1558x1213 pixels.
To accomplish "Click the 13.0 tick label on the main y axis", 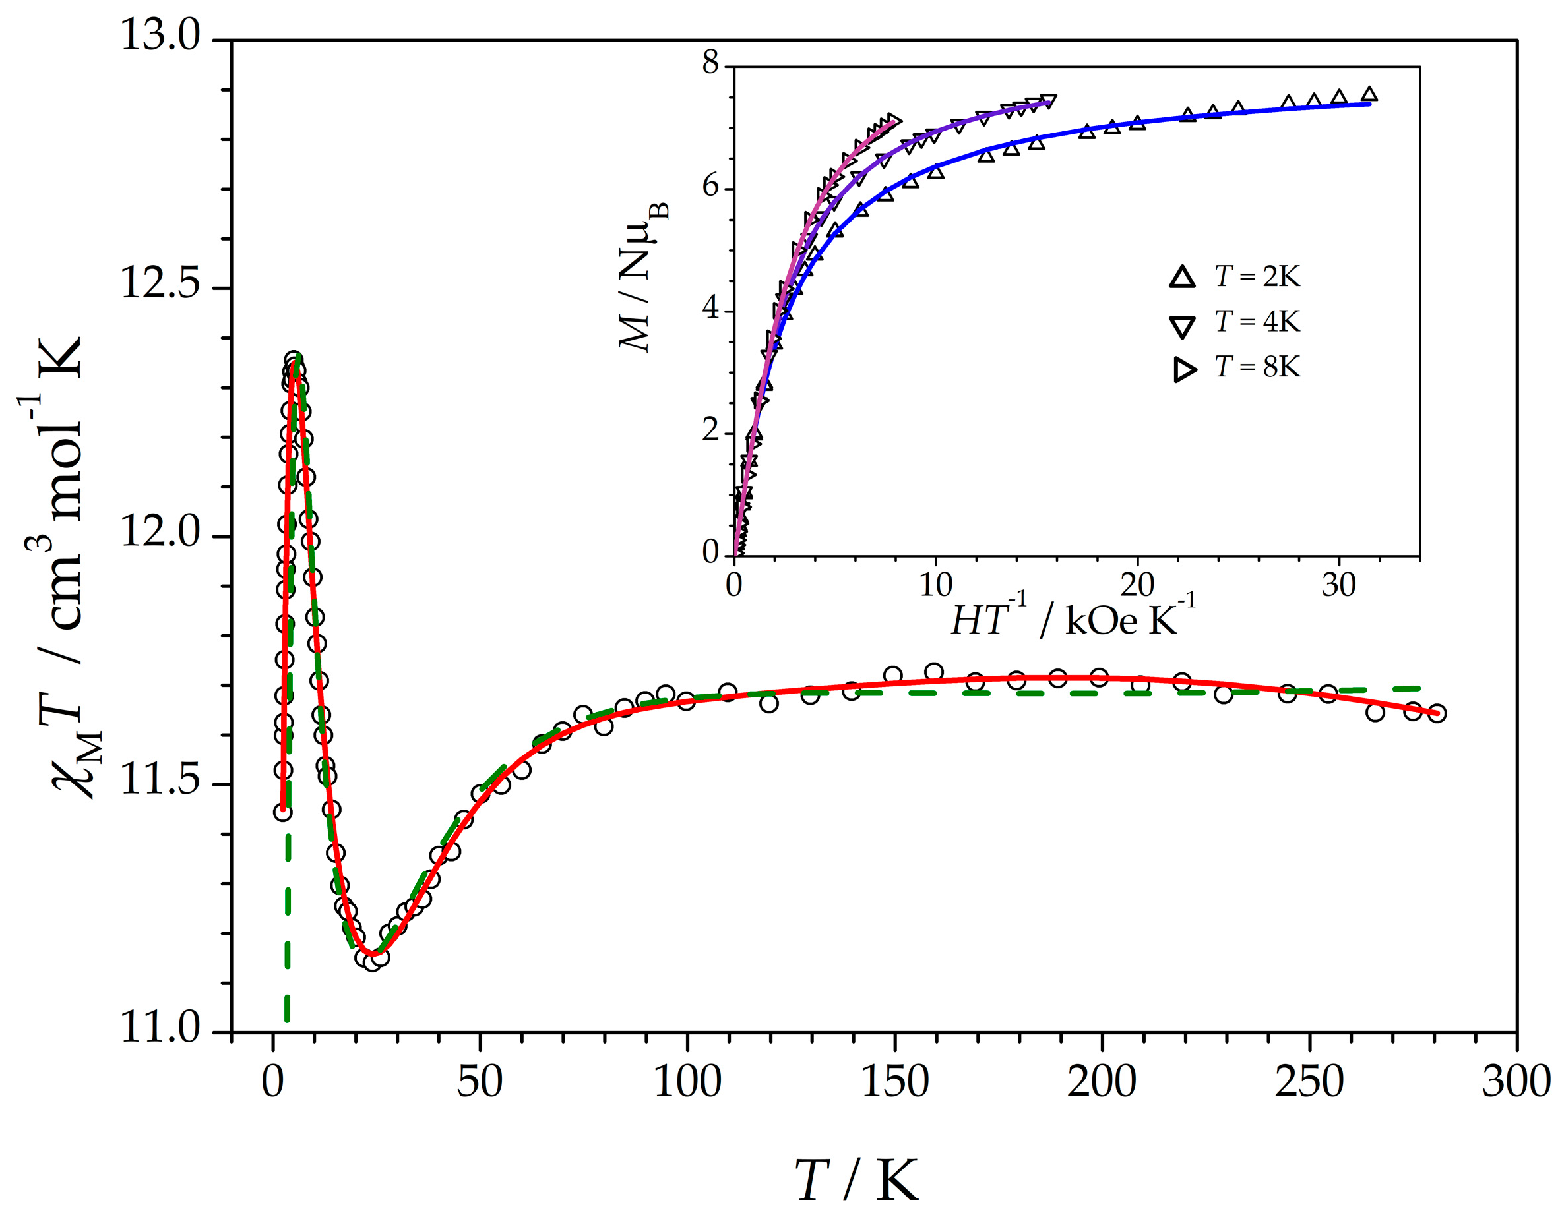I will pos(160,36).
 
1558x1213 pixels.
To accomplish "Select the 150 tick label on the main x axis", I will pos(894,1082).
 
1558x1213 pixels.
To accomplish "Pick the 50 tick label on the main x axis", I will pos(480,1082).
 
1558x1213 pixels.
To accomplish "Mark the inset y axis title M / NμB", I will pos(642,278).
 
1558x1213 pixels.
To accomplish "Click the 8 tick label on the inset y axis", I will pos(710,63).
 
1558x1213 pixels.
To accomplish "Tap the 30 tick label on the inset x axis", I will pos(1338,586).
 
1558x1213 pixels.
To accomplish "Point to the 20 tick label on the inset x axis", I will pos(1137,586).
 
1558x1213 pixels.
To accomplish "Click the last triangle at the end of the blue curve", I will pos(1369,94).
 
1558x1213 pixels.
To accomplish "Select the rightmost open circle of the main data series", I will pos(1437,713).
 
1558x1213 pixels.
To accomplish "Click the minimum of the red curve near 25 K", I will pos(373,953).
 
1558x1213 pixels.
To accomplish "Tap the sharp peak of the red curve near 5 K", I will pos(295,364).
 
